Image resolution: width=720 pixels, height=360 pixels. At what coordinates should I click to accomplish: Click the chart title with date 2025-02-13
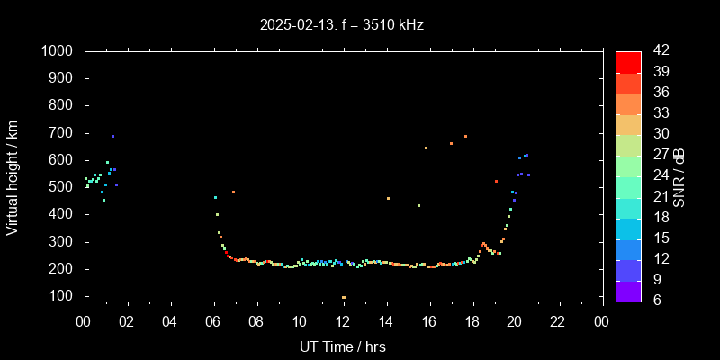[342, 25]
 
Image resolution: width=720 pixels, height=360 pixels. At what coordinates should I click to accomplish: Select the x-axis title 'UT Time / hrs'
[342, 346]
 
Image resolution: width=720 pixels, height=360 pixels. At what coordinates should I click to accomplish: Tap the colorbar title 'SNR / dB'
[679, 176]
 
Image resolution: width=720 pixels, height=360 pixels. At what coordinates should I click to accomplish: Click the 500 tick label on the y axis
[63, 187]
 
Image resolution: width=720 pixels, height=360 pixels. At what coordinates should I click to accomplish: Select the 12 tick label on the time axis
[343, 321]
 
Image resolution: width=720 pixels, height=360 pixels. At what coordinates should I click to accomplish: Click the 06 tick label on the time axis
[213, 321]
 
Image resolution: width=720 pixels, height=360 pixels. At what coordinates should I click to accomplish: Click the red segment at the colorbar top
[628, 61]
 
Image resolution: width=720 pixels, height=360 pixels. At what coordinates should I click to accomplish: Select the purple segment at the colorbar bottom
[628, 290]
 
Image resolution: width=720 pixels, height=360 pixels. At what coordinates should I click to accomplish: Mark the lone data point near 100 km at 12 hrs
[344, 297]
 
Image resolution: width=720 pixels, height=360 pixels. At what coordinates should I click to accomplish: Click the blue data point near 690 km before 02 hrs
[112, 137]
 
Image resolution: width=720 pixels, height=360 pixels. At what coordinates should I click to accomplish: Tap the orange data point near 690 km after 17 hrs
[465, 137]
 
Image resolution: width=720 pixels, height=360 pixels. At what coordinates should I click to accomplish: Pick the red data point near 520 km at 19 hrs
[496, 181]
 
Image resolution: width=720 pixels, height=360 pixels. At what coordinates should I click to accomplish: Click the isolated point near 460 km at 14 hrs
[388, 198]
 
